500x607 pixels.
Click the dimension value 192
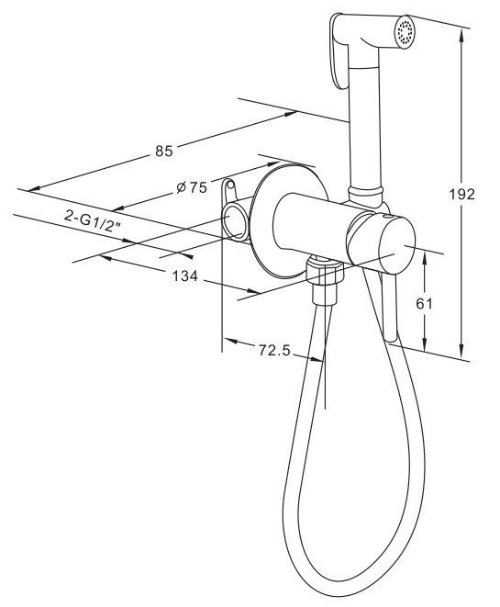461,194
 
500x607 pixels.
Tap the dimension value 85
163,151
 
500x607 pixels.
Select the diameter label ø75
192,187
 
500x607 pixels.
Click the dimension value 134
184,276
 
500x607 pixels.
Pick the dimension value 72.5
273,351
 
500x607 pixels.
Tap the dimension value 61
424,303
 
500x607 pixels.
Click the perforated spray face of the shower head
405,31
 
